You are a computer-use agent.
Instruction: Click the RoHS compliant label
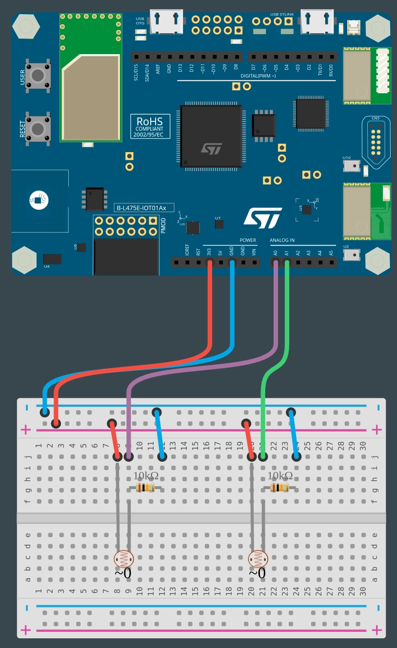pyautogui.click(x=150, y=126)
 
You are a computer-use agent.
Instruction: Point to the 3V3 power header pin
pyautogui.click(x=210, y=263)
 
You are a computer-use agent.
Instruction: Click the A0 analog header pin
pyautogui.click(x=276, y=263)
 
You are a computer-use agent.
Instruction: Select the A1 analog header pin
pyautogui.click(x=287, y=263)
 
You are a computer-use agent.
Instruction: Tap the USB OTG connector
pyautogui.click(x=166, y=22)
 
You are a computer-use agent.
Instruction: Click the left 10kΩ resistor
pyautogui.click(x=145, y=488)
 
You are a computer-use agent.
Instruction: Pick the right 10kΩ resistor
pyautogui.click(x=280, y=488)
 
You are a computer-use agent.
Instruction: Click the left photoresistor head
pyautogui.click(x=122, y=558)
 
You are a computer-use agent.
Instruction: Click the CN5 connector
pyautogui.click(x=376, y=141)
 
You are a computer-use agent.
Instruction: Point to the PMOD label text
pyautogui.click(x=163, y=226)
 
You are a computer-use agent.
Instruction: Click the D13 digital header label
pyautogui.click(x=180, y=68)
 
